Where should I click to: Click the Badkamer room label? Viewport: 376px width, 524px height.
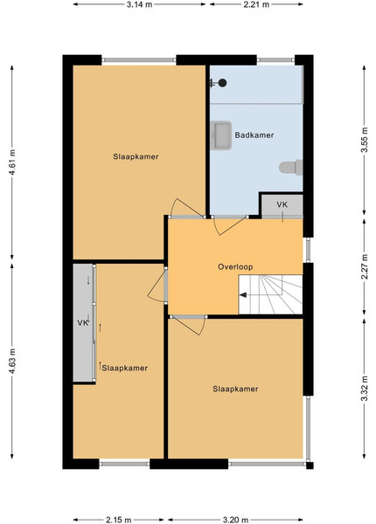click(x=254, y=135)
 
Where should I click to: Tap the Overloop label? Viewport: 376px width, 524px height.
click(x=235, y=266)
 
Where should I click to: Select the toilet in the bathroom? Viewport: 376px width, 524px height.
click(x=290, y=168)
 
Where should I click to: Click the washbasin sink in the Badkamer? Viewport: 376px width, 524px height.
click(x=221, y=135)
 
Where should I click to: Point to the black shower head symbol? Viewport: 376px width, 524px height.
click(x=222, y=83)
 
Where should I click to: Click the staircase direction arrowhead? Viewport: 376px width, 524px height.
click(x=243, y=295)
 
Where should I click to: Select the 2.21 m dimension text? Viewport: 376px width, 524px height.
click(x=256, y=4)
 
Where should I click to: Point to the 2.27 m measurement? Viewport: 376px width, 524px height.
click(x=365, y=266)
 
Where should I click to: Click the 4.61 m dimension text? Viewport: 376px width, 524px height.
click(x=12, y=162)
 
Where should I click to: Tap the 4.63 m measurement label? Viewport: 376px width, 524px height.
click(x=12, y=362)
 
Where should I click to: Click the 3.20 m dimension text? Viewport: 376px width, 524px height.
click(x=235, y=520)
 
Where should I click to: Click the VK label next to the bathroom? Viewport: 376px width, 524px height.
click(x=282, y=204)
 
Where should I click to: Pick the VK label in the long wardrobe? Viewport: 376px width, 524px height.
click(x=83, y=323)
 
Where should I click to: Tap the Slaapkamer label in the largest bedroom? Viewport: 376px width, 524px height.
click(x=136, y=156)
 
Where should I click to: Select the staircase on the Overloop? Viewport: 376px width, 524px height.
click(x=270, y=294)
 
